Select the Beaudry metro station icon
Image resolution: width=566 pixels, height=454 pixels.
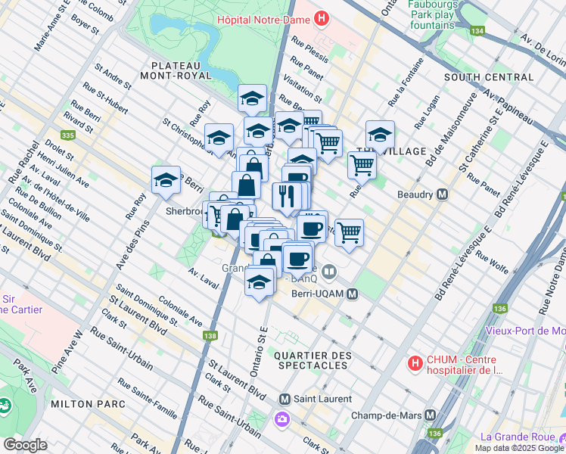[x=443, y=194]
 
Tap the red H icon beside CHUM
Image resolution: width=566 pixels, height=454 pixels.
[x=415, y=364]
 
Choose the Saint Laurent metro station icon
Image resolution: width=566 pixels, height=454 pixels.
[x=285, y=399]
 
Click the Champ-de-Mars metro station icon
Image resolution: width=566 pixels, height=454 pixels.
[x=430, y=415]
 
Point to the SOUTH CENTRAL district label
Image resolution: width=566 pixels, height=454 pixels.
[x=488, y=77]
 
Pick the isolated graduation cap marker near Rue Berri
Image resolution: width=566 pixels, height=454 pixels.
[x=166, y=180]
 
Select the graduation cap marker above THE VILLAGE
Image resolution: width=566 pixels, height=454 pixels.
[x=380, y=135]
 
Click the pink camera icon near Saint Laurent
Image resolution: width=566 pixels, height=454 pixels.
[x=281, y=418]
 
